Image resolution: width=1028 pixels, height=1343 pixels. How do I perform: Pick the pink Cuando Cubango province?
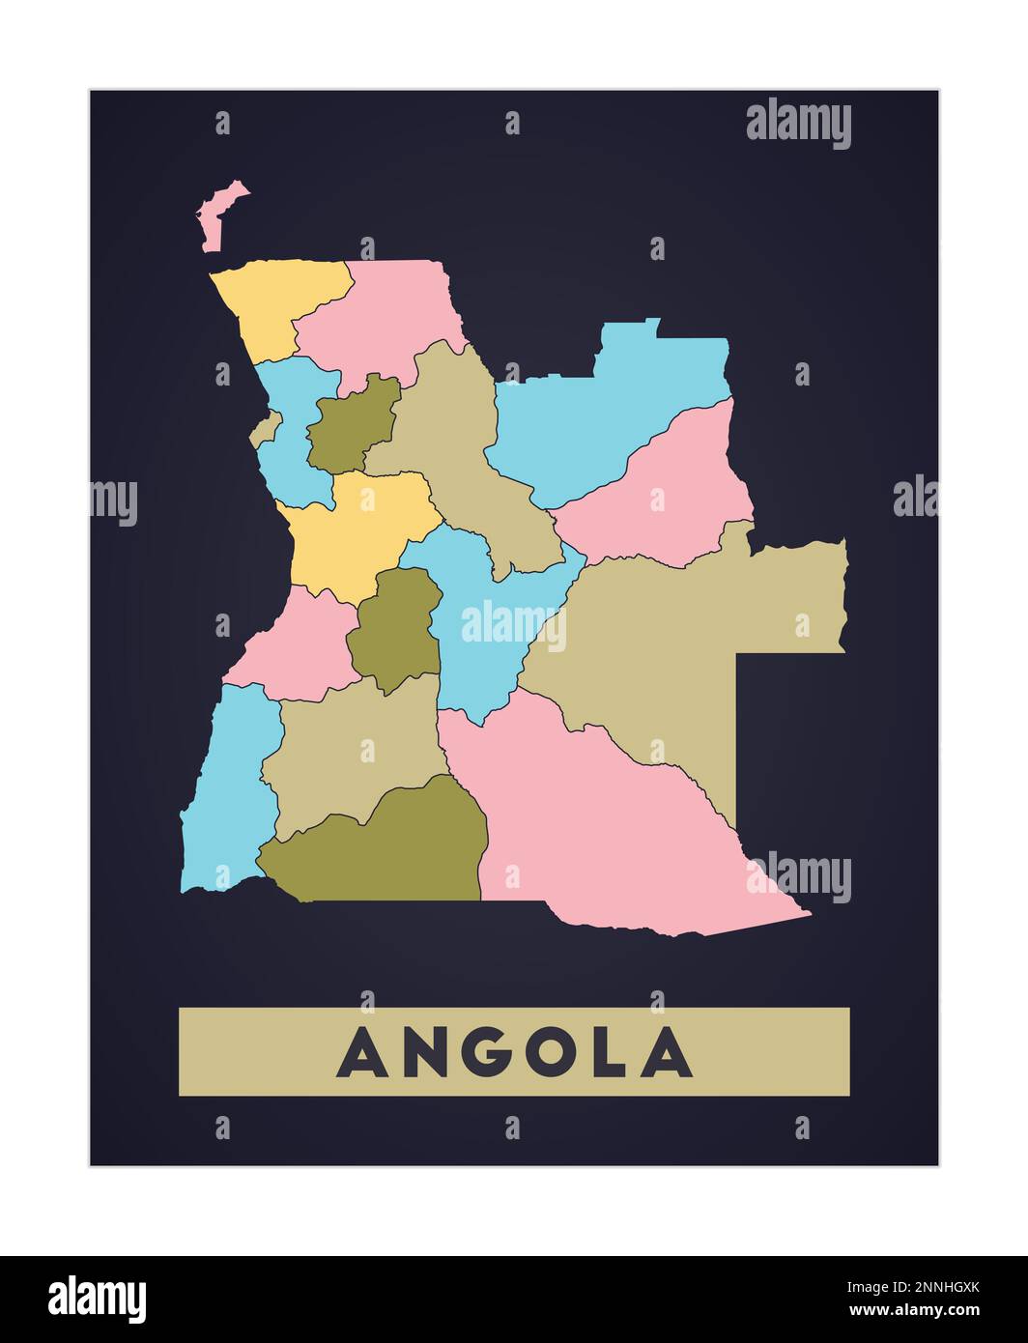tap(599, 831)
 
